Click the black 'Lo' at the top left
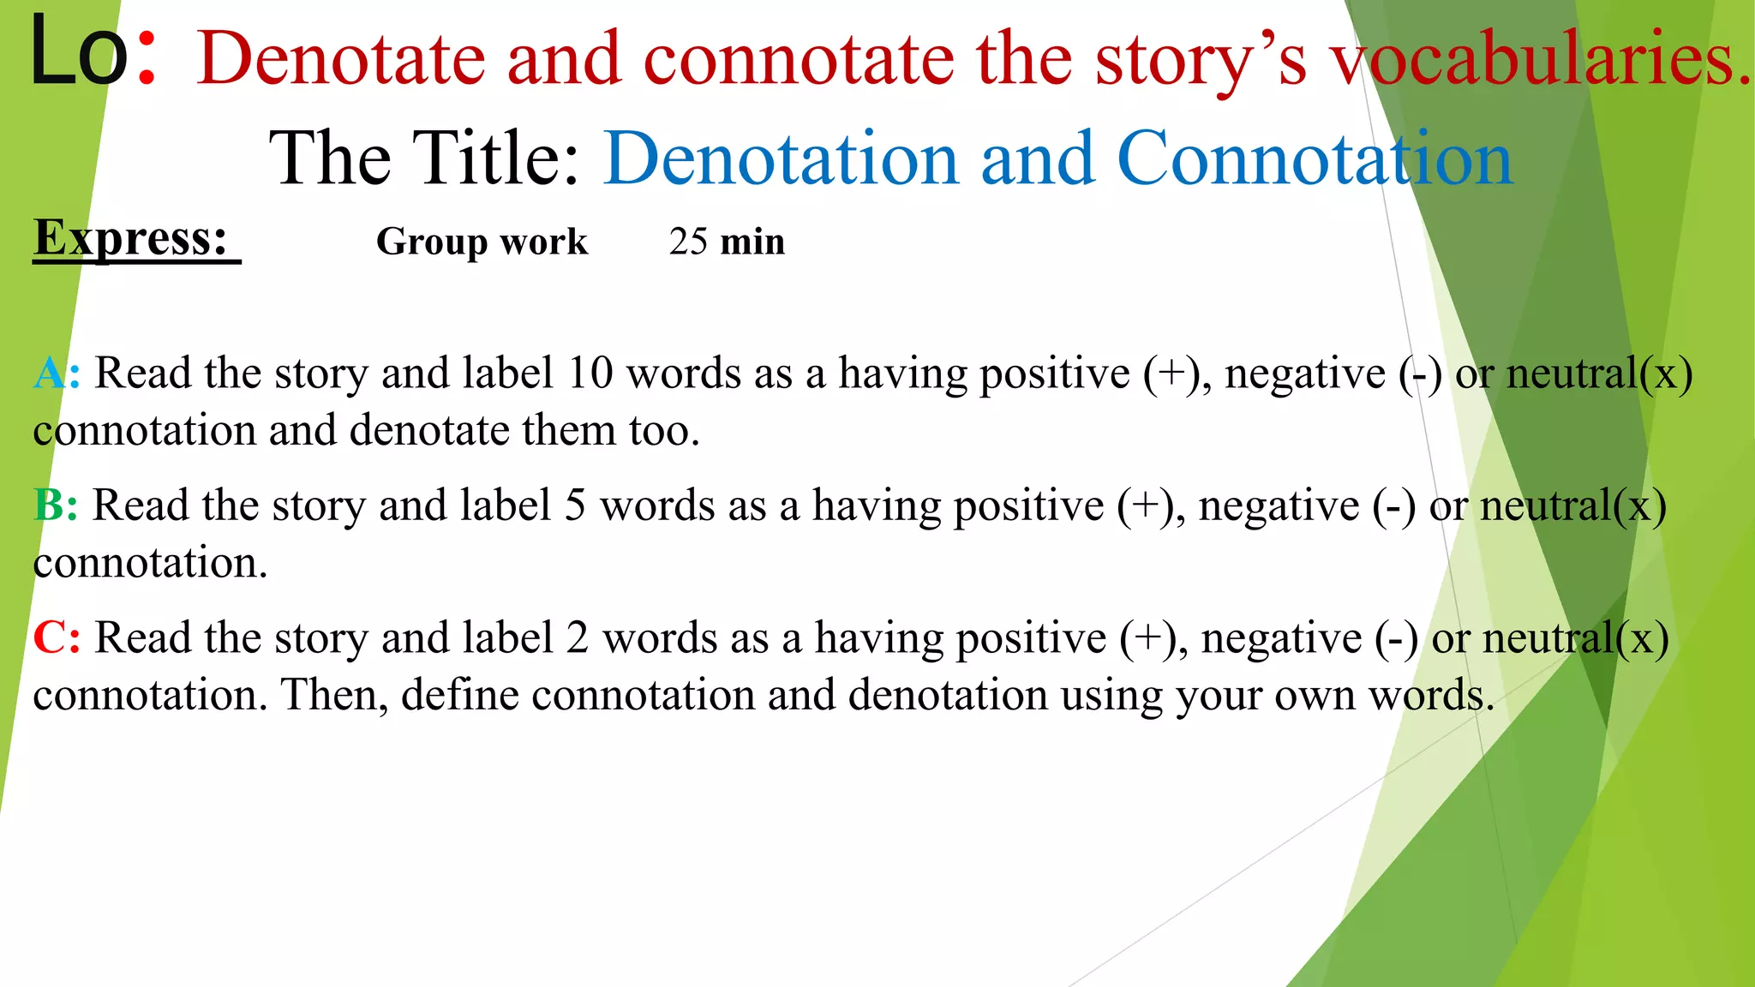click(x=79, y=53)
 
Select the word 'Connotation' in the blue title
click(x=1315, y=159)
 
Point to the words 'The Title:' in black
click(x=424, y=159)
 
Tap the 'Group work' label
click(x=482, y=242)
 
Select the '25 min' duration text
click(x=727, y=242)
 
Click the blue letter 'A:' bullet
click(x=57, y=374)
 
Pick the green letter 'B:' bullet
click(x=56, y=506)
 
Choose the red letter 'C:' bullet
click(x=57, y=639)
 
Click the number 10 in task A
click(x=590, y=374)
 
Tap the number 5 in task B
click(x=575, y=506)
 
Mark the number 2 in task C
click(x=577, y=639)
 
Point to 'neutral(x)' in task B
click(x=1573, y=506)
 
